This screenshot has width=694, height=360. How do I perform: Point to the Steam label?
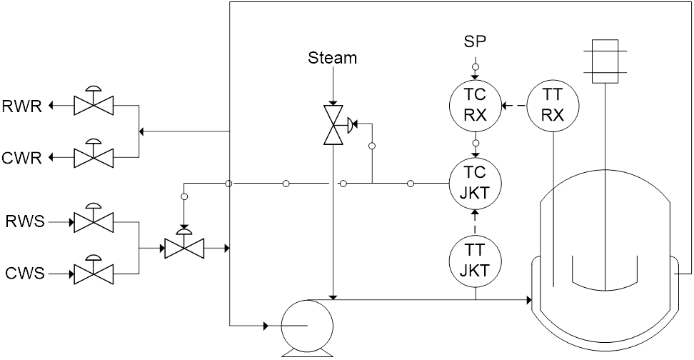click(333, 58)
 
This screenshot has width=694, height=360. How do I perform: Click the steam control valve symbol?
click(333, 126)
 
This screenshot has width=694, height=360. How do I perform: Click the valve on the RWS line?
click(92, 222)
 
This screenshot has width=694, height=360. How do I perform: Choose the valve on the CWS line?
click(92, 272)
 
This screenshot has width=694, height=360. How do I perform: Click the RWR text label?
click(23, 107)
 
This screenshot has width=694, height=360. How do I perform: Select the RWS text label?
click(24, 222)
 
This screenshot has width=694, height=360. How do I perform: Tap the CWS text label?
click(23, 273)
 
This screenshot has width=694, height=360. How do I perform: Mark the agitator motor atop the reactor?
click(605, 58)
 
